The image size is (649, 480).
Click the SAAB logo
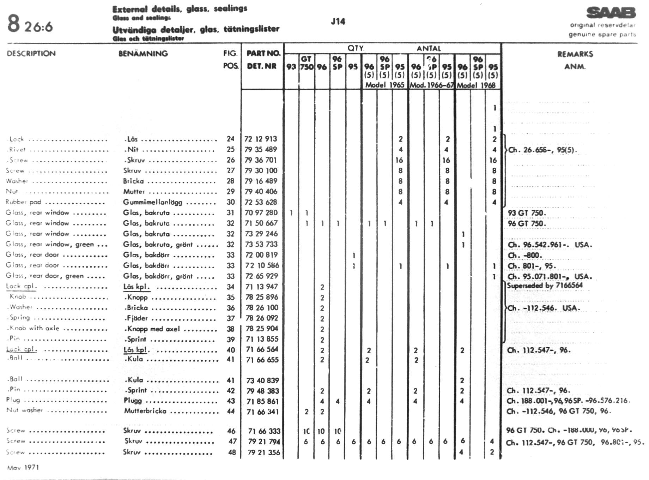(x=611, y=13)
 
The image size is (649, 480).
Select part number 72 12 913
(x=261, y=139)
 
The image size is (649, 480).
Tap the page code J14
(x=338, y=22)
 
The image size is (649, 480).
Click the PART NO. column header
(x=263, y=53)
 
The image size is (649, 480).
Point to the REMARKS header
(x=575, y=54)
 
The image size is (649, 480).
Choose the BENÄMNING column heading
(x=143, y=54)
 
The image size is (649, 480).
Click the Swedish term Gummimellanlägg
(x=152, y=202)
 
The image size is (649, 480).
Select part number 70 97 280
(x=261, y=213)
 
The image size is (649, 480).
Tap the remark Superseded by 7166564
(x=545, y=286)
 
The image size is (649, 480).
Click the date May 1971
(x=23, y=468)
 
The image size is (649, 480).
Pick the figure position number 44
(x=231, y=411)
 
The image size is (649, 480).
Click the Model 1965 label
(x=384, y=85)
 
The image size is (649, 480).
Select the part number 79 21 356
(x=263, y=452)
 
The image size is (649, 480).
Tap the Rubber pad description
(x=23, y=202)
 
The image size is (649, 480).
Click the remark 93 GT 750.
(x=527, y=213)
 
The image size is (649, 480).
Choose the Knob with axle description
(x=34, y=328)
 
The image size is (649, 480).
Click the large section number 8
(x=13, y=24)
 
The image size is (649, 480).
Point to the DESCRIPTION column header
(x=31, y=54)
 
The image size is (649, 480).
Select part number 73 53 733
(x=261, y=244)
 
